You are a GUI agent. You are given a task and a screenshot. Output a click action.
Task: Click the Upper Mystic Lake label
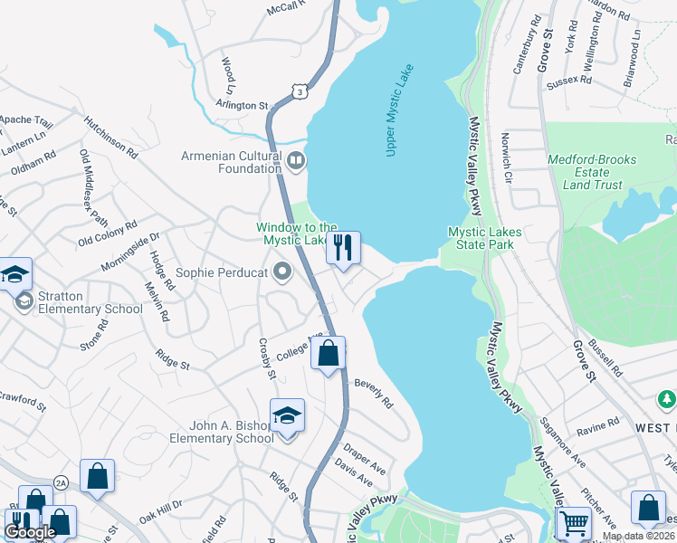pos(399,110)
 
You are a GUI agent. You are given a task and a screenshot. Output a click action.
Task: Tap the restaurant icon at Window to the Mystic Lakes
pos(343,247)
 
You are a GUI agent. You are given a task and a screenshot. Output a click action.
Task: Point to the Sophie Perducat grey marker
pos(284,271)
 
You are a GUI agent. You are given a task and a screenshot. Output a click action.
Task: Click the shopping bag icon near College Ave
pos(329,353)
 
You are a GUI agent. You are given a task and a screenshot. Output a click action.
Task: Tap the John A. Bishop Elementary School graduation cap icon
pos(287,415)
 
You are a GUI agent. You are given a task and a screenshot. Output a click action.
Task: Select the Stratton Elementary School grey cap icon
pos(24,300)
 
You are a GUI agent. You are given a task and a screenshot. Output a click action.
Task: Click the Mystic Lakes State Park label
pos(484,238)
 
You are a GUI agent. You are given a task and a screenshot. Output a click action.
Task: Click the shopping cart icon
pos(574,522)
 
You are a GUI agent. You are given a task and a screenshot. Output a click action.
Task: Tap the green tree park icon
pos(667,398)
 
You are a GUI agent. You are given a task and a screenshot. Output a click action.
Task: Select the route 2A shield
pos(61,482)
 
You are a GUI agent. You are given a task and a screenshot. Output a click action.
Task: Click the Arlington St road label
pos(243,106)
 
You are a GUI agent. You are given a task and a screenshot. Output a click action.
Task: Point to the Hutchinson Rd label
pos(110,137)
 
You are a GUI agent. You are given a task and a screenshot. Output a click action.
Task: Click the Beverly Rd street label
pos(373,393)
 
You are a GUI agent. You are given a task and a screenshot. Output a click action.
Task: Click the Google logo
pos(30,532)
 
